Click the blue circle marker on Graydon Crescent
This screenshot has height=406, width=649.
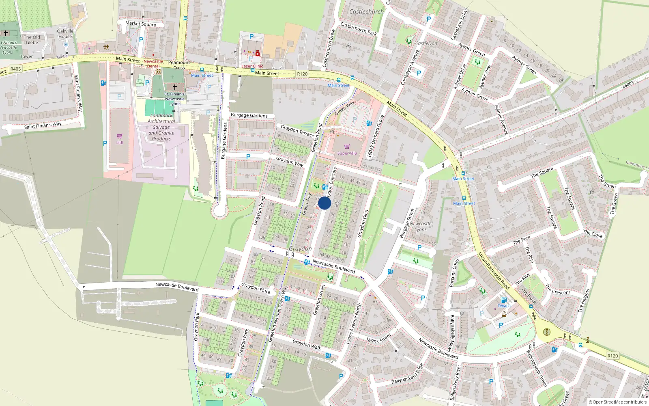(x=324, y=203)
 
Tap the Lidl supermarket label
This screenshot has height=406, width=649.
(x=119, y=143)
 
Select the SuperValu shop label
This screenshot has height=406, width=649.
(x=347, y=153)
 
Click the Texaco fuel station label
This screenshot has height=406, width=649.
(x=504, y=306)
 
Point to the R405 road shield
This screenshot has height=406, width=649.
(x=15, y=69)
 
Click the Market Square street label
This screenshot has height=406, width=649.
(x=140, y=24)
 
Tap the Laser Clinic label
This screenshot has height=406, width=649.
(x=252, y=66)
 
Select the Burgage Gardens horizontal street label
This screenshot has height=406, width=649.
(x=249, y=115)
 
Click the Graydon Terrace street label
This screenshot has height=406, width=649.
(x=297, y=131)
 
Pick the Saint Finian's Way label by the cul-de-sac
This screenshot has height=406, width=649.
(x=43, y=125)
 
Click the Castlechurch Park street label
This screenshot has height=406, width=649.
(x=358, y=29)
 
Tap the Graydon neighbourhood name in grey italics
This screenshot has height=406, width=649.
(x=300, y=248)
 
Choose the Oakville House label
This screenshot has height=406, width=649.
(x=65, y=34)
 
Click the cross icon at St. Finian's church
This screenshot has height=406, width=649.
(x=175, y=87)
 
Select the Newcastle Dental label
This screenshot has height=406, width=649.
(x=153, y=64)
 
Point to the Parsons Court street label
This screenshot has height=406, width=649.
(x=454, y=273)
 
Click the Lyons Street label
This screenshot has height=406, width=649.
(x=378, y=338)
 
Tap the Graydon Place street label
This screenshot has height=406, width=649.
(x=256, y=289)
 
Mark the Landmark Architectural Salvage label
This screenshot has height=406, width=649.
(x=161, y=127)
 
